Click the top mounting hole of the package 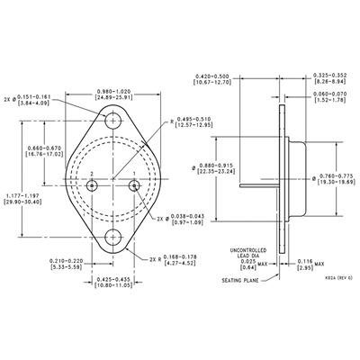point(114,120)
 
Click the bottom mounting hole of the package point(114,238)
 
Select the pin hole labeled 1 point(135,184)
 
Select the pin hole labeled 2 point(94,184)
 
